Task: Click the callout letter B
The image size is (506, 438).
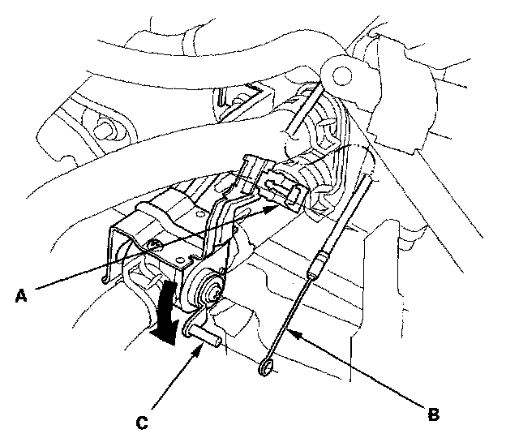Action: [x=434, y=413]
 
